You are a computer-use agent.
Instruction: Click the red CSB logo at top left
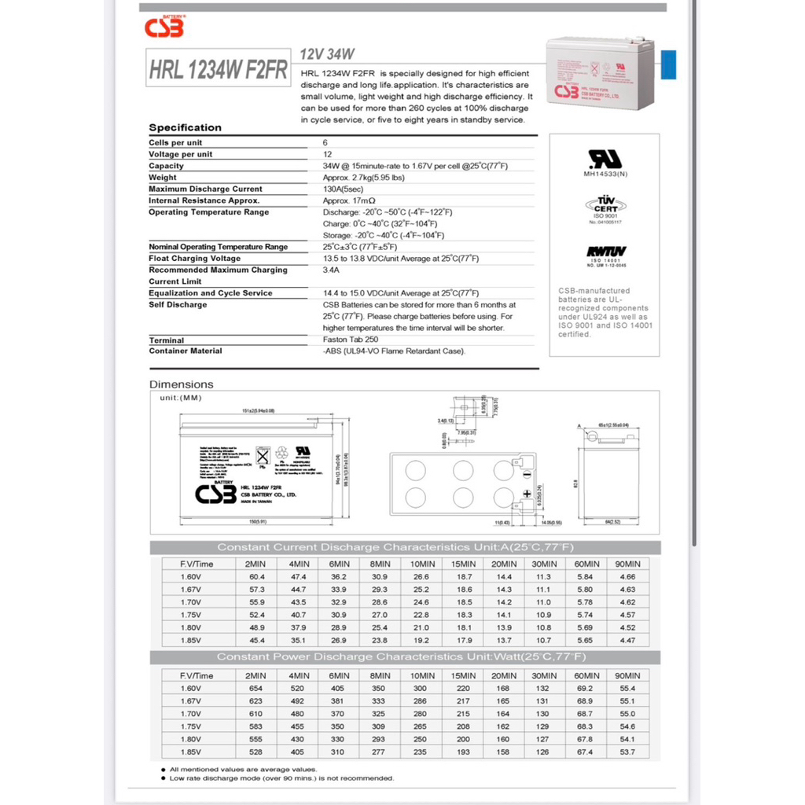point(164,28)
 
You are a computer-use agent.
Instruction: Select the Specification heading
point(185,127)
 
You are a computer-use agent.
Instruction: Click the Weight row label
point(163,178)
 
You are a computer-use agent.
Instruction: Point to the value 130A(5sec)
point(344,189)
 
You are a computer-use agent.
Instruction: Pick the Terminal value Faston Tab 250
point(351,340)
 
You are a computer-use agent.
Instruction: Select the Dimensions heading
point(182,384)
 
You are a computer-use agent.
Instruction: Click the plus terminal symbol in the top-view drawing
point(527,493)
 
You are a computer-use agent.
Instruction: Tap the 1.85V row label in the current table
point(191,640)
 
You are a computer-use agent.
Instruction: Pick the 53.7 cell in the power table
point(627,752)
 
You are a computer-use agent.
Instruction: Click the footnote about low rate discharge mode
point(281,778)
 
